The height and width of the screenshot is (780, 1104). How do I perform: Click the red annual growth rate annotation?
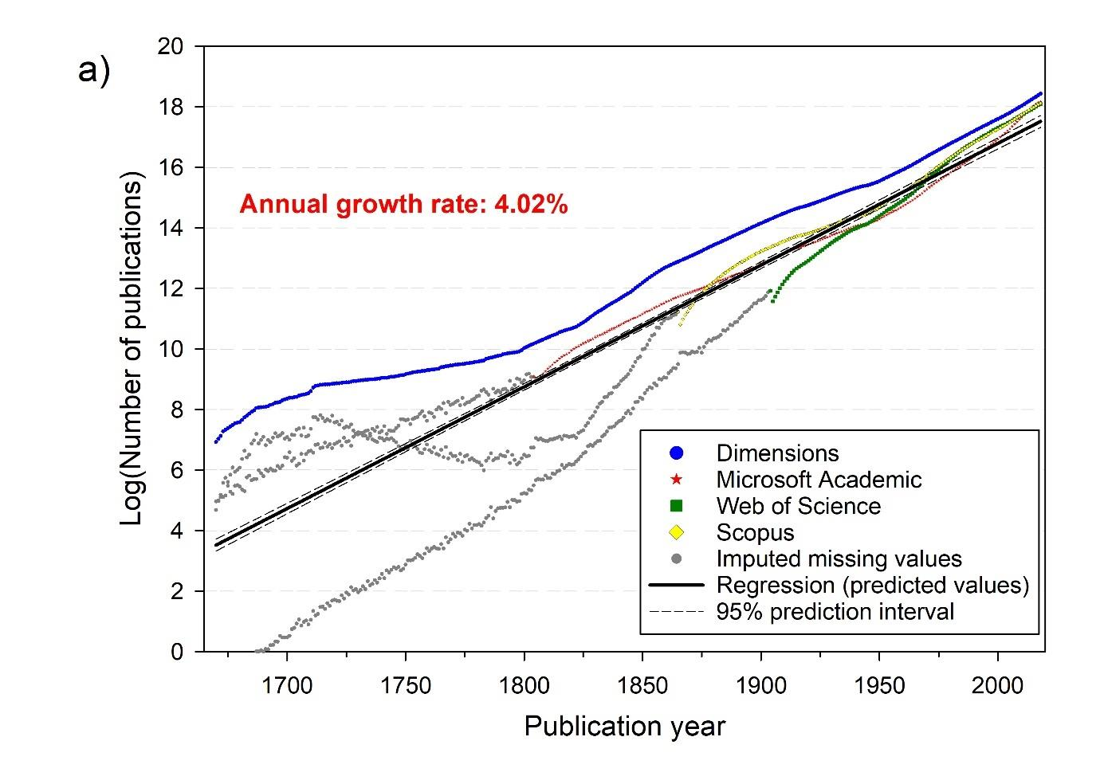[403, 205]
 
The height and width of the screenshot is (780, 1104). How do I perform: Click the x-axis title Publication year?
[624, 727]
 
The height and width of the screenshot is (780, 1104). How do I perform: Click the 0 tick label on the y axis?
[177, 652]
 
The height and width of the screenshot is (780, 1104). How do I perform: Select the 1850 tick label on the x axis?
[642, 685]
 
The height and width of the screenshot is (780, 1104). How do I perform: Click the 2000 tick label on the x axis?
[998, 685]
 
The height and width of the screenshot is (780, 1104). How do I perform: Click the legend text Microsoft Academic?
[819, 480]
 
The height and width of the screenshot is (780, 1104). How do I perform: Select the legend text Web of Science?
[798, 506]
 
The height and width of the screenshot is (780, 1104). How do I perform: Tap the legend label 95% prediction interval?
[835, 612]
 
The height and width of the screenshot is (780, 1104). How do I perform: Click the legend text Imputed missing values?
[839, 559]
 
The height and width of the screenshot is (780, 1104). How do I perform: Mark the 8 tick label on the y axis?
[177, 410]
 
